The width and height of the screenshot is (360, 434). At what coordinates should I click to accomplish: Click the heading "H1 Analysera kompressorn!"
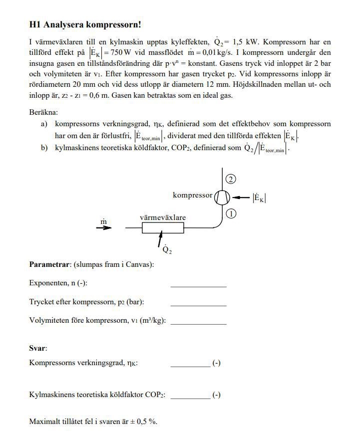coord(85,24)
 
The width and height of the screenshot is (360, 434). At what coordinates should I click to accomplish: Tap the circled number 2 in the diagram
coord(230,179)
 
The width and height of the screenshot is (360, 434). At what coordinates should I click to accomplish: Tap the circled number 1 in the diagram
coord(231,214)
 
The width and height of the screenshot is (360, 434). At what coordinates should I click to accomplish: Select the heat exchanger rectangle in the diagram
coord(163,228)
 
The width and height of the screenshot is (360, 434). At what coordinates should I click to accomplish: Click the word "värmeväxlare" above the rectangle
coord(162,217)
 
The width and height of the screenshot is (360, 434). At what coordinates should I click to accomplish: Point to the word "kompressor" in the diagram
coord(192,195)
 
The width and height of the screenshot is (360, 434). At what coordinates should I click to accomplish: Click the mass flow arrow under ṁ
coord(104,228)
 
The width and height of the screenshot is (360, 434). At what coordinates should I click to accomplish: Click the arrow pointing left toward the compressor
coord(242,198)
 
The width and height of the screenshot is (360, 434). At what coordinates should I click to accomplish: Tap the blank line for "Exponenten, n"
coord(198,285)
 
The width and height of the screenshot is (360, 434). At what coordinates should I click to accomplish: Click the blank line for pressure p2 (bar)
coord(198,304)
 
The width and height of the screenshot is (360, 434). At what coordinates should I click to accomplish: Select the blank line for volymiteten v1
coord(198,322)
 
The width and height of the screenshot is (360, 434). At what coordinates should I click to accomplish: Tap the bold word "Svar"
coord(37,348)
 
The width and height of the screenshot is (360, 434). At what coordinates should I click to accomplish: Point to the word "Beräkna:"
coord(43,112)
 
